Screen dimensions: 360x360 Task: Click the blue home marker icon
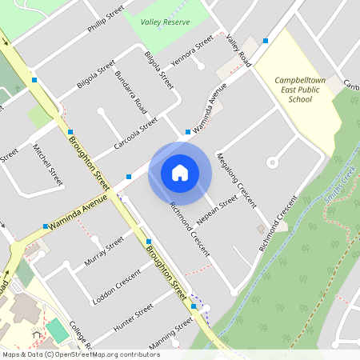(180, 172)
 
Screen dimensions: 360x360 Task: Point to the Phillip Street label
(106, 18)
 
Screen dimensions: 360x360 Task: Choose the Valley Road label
(238, 50)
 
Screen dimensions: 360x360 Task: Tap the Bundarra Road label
(131, 90)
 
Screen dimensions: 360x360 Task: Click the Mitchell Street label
(48, 164)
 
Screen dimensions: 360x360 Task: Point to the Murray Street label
(105, 252)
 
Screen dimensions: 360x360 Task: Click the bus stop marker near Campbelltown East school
(265, 41)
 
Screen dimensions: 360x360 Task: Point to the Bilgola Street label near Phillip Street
(95, 70)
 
